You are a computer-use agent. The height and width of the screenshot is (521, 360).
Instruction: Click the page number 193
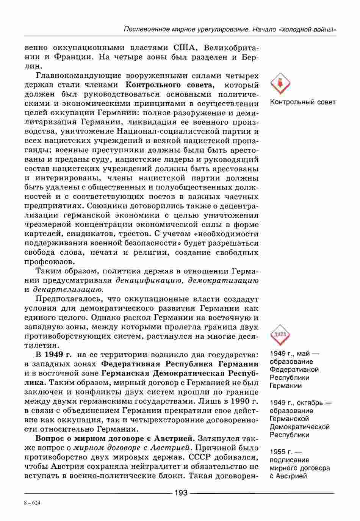[181, 493]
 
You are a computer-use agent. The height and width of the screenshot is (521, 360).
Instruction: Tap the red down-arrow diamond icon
[280, 83]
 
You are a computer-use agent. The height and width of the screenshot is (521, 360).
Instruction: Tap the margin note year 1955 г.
[280, 452]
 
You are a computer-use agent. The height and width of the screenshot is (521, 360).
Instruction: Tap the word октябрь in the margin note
[307, 402]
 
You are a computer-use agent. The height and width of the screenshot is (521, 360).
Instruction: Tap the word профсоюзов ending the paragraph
[49, 262]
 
